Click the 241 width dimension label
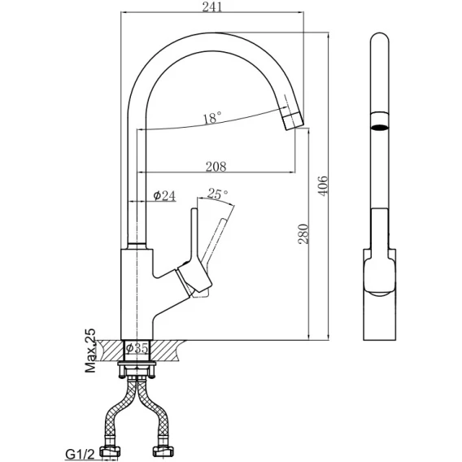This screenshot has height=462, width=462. pyautogui.click(x=211, y=7)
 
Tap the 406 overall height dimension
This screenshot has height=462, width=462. pyautogui.click(x=323, y=185)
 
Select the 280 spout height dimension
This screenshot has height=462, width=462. pyautogui.click(x=303, y=234)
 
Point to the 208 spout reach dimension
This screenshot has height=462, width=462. pyautogui.click(x=216, y=167)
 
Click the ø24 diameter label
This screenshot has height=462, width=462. pyautogui.click(x=164, y=196)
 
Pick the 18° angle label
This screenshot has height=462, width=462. pyautogui.click(x=211, y=118)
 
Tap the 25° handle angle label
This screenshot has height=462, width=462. pyautogui.click(x=217, y=194)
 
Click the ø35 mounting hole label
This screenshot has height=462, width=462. pyautogui.click(x=137, y=349)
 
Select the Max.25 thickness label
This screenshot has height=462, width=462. pyautogui.click(x=90, y=351)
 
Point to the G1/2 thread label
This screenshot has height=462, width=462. pyautogui.click(x=80, y=455)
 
